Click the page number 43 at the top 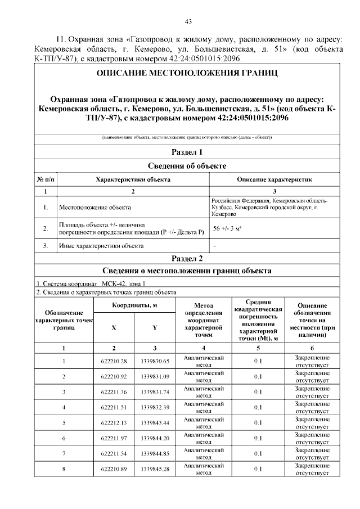pyautogui.click(x=188, y=22)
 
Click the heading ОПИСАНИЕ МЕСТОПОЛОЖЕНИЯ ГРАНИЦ pyautogui.click(x=187, y=73)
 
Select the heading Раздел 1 pyautogui.click(x=187, y=152)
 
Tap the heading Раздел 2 pyautogui.click(x=187, y=259)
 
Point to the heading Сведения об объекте pyautogui.click(x=187, y=166)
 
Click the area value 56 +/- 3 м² pyautogui.click(x=227, y=229)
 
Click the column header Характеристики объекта pyautogui.click(x=133, y=179)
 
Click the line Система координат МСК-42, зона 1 pyautogui.click(x=91, y=283)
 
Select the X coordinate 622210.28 pyautogui.click(x=114, y=361)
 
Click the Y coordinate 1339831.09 pyautogui.click(x=155, y=376)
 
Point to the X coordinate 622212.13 pyautogui.click(x=114, y=422)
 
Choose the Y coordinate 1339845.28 pyautogui.click(x=155, y=469)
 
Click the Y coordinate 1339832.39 pyautogui.click(x=155, y=407)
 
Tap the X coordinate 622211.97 pyautogui.click(x=114, y=438)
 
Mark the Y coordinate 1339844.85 pyautogui.click(x=155, y=453)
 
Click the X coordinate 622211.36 pyautogui.click(x=114, y=391)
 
